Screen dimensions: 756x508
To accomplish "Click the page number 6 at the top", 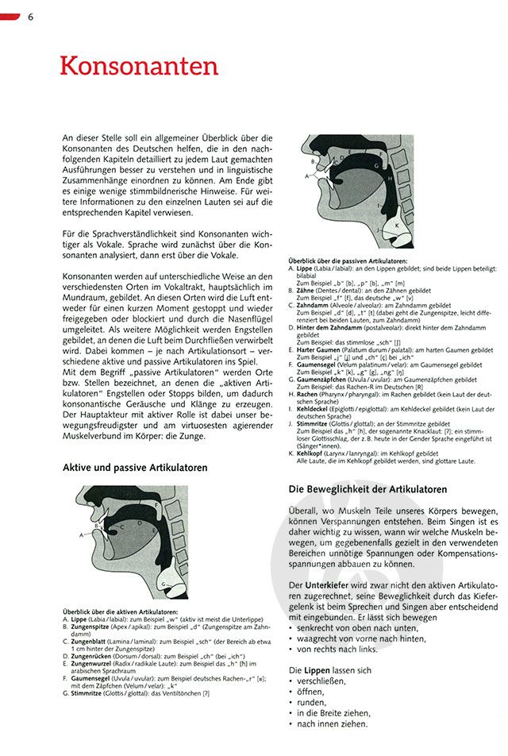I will point(30,17).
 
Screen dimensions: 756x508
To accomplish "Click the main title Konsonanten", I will point(139,65).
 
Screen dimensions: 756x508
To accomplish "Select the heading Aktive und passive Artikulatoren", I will point(135,468).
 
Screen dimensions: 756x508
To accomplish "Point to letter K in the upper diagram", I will point(395,226).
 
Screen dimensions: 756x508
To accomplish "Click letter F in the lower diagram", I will point(157,504).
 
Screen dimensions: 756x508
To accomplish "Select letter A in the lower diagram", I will point(81,535).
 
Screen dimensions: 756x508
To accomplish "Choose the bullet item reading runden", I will point(311,703).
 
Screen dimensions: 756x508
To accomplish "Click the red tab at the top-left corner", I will point(10,17).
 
